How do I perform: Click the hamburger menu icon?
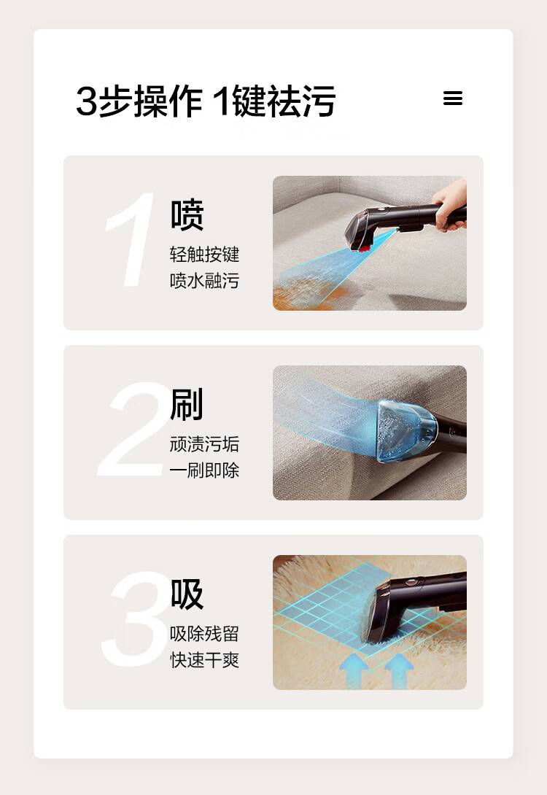[453, 98]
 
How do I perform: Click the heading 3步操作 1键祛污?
[206, 101]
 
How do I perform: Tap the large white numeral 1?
[131, 239]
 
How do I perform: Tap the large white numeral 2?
[134, 429]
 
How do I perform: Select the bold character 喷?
[187, 215]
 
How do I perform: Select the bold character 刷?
[187, 404]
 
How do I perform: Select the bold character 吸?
[187, 594]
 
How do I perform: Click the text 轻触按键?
[204, 254]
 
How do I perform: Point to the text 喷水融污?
[204, 280]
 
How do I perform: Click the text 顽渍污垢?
[204, 443]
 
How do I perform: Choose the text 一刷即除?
[204, 470]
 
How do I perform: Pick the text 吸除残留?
[204, 633]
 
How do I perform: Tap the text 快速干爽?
[204, 659]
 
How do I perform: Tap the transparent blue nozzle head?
[406, 430]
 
